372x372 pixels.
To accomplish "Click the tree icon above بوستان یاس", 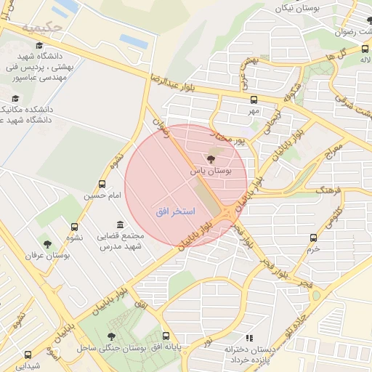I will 211,158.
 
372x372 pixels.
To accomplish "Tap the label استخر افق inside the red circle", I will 174,211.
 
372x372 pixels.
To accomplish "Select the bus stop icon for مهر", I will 254,100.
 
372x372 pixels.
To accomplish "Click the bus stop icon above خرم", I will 313,238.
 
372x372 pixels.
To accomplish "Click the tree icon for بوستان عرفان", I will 48,244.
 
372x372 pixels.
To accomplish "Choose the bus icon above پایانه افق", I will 166,336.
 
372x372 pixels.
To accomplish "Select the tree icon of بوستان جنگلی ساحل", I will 111,336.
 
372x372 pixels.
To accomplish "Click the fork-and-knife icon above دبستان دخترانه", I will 249,338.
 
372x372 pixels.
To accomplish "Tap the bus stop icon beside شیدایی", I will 28,355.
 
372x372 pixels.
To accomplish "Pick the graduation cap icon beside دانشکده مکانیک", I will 15,99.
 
